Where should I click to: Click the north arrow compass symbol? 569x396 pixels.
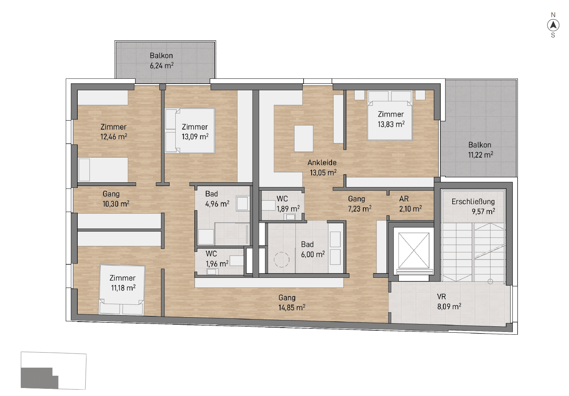point(553,25)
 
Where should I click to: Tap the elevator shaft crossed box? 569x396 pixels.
point(414,250)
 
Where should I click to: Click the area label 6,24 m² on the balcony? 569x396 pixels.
point(161,66)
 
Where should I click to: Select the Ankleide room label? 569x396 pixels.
point(322,162)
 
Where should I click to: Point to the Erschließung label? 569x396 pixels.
point(473,202)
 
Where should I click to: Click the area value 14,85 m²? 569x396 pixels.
point(292,308)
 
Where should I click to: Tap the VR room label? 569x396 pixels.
point(441,297)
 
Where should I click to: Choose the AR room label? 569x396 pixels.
point(404,199)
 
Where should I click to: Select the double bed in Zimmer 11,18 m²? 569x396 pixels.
point(122,290)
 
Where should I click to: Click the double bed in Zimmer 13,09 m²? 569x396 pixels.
point(190,131)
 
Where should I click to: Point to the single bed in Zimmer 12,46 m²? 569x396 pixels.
point(103,170)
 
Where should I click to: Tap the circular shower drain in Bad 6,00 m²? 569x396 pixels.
point(281,260)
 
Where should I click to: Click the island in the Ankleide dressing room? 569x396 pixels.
point(304,139)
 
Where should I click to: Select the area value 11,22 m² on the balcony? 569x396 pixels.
point(481,155)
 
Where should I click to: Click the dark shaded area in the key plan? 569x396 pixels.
point(39,378)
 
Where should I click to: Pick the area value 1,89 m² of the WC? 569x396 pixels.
point(288,209)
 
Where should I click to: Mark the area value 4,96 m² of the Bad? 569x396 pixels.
point(217,204)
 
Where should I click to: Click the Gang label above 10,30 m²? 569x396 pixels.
point(111,194)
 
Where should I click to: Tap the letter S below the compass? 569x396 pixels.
point(553,35)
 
